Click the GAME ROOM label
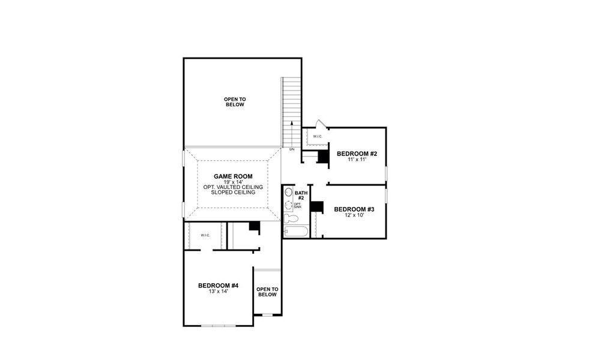point(233,176)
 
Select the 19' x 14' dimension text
point(233,182)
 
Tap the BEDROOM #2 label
point(357,154)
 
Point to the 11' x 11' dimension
point(357,160)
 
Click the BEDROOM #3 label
point(354,209)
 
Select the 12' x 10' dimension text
point(354,215)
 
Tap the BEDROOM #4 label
point(219,286)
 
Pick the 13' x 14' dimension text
point(219,292)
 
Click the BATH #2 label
point(301,195)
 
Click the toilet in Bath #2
point(288,193)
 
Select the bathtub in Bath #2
point(295,231)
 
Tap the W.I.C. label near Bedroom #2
point(317,136)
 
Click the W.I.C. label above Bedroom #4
point(205,235)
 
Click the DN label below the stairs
point(292,149)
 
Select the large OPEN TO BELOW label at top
point(235,102)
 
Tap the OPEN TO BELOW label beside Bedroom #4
point(267,292)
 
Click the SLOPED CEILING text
point(233,193)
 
